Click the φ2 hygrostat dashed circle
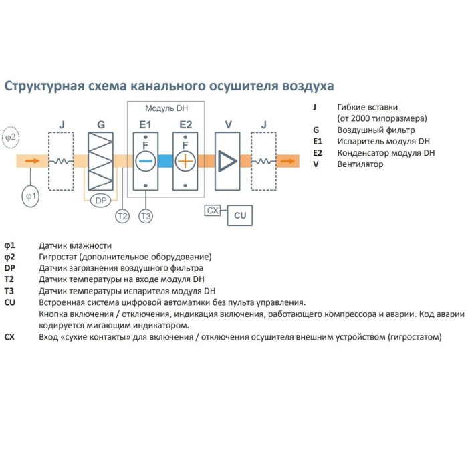(x=11, y=137)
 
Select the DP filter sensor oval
(x=101, y=201)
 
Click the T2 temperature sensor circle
(x=122, y=215)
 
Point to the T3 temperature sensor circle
(x=146, y=215)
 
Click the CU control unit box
(x=240, y=215)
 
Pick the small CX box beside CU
(x=213, y=211)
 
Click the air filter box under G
(x=101, y=160)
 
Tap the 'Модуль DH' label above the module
(x=165, y=108)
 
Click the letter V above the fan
(x=228, y=124)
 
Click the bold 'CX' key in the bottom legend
(x=9, y=338)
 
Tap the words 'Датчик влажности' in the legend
(x=75, y=245)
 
